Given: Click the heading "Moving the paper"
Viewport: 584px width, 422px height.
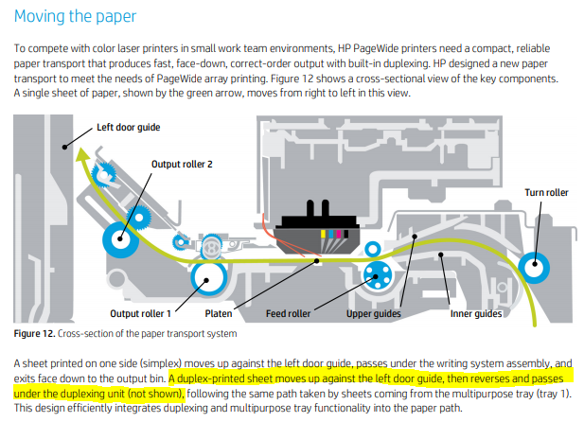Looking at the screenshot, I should tap(76, 15).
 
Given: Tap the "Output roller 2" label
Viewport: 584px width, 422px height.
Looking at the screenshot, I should tap(183, 164).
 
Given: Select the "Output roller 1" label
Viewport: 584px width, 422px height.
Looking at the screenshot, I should tap(142, 312).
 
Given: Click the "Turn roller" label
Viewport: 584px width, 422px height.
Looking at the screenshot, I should tap(546, 193).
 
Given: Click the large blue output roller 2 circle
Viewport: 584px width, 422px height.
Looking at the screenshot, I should tap(121, 242).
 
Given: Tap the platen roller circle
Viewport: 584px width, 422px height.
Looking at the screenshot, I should tap(206, 278).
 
